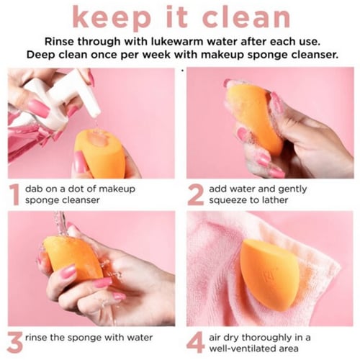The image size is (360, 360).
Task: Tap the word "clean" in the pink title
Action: (x=246, y=16)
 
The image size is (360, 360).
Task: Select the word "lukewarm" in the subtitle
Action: (x=177, y=42)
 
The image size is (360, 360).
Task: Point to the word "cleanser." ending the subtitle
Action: (x=315, y=55)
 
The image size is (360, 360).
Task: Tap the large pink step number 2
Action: (x=196, y=195)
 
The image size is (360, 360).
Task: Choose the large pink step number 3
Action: (x=14, y=343)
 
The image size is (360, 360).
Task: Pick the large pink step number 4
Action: (x=196, y=343)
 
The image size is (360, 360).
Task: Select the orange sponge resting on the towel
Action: (x=269, y=275)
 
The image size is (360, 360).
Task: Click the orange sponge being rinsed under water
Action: (x=73, y=259)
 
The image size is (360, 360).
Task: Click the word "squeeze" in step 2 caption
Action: (x=227, y=200)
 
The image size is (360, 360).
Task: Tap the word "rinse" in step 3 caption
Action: (x=36, y=338)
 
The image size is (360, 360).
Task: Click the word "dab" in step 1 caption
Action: (x=34, y=189)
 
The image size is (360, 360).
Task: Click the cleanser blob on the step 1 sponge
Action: (x=97, y=138)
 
